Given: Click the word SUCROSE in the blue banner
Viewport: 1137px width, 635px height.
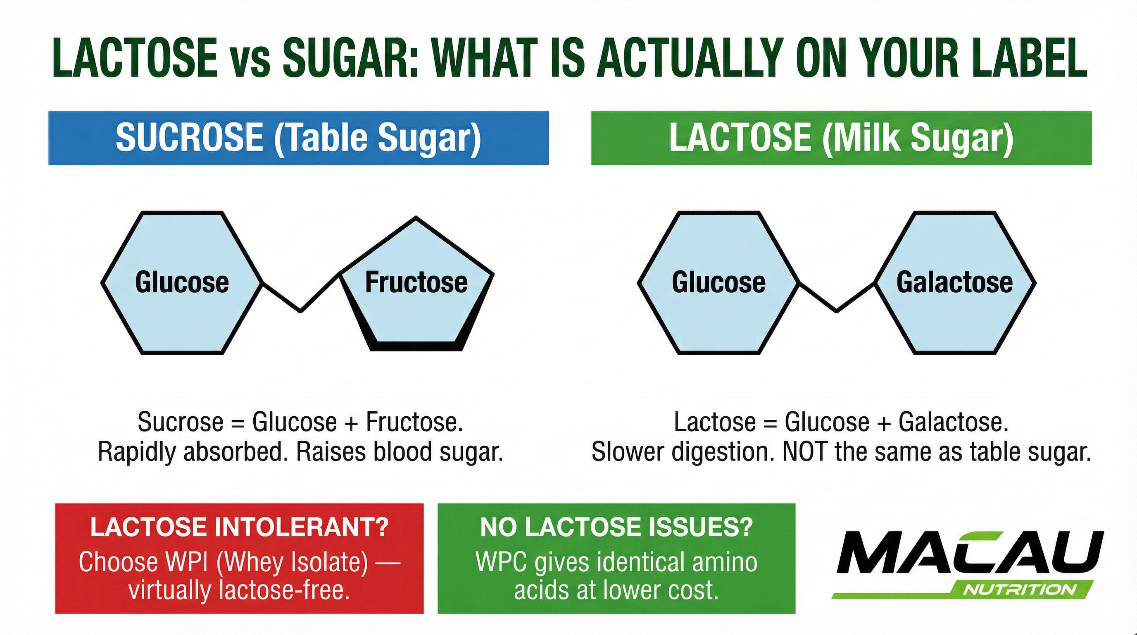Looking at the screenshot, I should pos(189,138).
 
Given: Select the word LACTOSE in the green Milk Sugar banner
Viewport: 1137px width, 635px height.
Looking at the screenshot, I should pos(740,138).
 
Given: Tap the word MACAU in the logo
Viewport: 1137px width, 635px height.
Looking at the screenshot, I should pos(969,553).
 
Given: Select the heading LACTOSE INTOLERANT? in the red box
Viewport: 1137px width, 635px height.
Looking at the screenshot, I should pos(239,527).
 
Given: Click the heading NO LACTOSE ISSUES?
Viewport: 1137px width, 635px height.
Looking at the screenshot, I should pos(616,527).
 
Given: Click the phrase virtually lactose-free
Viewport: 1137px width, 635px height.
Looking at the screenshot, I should pos(239,590).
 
